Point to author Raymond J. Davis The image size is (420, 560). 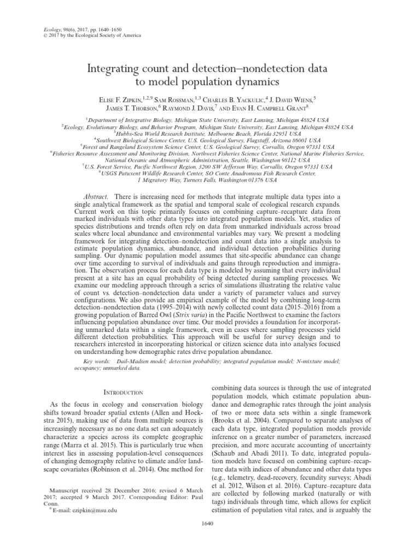point(207,109)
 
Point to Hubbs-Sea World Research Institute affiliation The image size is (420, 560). point(210,132)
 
